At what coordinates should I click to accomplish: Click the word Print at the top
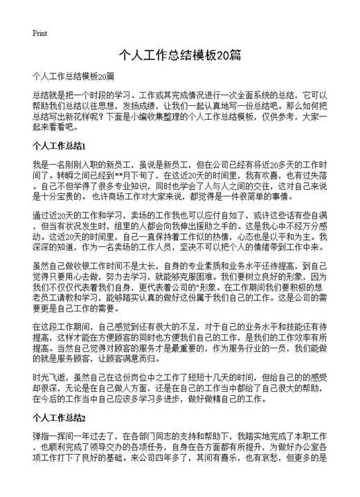39,33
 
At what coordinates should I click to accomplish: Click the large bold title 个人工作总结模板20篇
179,55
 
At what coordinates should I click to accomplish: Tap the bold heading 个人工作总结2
59,419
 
